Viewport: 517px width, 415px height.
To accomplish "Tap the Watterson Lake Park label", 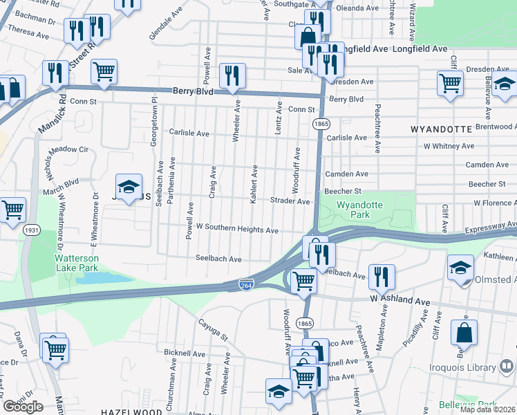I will coord(77,263).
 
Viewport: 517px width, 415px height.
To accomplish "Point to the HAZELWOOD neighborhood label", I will coord(131,412).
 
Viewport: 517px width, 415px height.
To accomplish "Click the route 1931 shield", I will coord(30,230).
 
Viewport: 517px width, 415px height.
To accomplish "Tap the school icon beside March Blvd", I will coord(128,186).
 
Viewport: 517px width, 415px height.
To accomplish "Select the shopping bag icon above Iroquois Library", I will coord(464,332).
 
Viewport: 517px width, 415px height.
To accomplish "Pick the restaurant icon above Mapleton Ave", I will coord(381,277).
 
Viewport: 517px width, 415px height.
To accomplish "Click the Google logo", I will coord(23,407).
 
